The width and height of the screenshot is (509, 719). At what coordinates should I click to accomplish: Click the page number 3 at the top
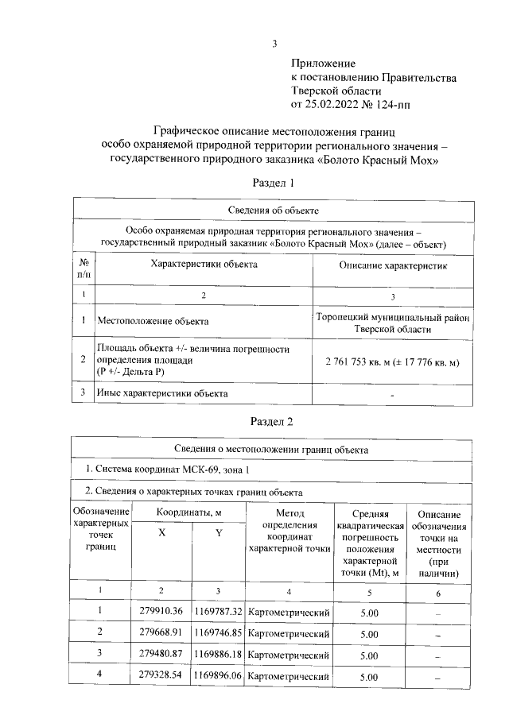tap(275, 44)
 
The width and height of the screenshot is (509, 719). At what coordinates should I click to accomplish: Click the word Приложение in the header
tap(323, 63)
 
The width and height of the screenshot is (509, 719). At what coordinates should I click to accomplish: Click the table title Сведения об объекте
tap(274, 210)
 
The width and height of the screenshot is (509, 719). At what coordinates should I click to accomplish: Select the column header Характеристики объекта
tap(204, 266)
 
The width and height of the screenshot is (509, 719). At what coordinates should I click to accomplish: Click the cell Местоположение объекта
tap(153, 322)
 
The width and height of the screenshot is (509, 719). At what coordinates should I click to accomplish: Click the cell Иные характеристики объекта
tap(162, 393)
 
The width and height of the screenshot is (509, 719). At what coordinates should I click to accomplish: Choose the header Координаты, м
tap(188, 514)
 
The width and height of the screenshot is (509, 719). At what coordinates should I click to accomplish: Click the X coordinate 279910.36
tap(161, 611)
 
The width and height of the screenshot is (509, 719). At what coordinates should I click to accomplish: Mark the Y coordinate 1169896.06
tap(219, 677)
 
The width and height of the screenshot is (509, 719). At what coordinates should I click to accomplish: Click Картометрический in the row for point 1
tap(289, 612)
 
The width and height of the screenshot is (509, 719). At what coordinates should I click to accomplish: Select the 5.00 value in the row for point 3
tap(368, 656)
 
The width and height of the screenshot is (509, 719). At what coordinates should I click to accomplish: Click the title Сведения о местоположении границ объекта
tap(274, 449)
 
